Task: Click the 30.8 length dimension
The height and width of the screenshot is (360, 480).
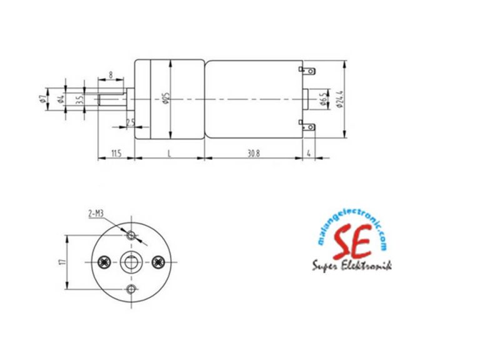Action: pyautogui.click(x=254, y=153)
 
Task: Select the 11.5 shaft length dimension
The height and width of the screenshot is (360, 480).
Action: pyautogui.click(x=116, y=153)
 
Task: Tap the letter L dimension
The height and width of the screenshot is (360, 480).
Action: pyautogui.click(x=169, y=153)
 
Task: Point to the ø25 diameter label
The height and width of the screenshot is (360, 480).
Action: pyautogui.click(x=166, y=99)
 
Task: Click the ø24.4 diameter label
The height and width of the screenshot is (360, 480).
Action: pyautogui.click(x=339, y=99)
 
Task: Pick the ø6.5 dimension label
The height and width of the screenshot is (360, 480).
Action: pyautogui.click(x=326, y=100)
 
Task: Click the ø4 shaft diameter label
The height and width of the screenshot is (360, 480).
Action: pyautogui.click(x=61, y=99)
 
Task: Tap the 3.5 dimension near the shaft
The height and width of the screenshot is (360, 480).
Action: pyautogui.click(x=79, y=100)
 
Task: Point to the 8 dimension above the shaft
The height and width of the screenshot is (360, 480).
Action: pyautogui.click(x=111, y=75)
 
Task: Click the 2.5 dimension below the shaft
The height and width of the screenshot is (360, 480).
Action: pyautogui.click(x=130, y=122)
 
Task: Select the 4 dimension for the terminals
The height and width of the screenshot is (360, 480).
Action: pyautogui.click(x=309, y=153)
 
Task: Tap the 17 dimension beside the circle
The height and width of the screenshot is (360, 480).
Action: pyautogui.click(x=62, y=262)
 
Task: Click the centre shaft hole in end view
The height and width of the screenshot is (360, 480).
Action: pyautogui.click(x=131, y=262)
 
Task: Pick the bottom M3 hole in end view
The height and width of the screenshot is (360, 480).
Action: pyautogui.click(x=131, y=289)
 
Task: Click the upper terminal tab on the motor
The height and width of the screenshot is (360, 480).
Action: pyautogui.click(x=306, y=71)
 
